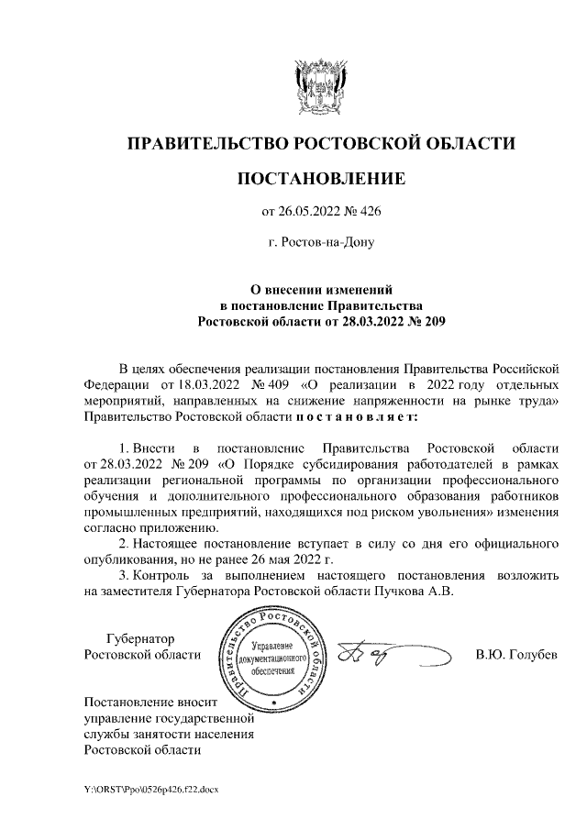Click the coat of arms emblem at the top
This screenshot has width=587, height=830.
coord(320,83)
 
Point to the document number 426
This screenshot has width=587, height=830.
coord(369,213)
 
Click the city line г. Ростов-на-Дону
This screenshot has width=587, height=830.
coord(320,244)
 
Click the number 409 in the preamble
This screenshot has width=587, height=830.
coord(277,383)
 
